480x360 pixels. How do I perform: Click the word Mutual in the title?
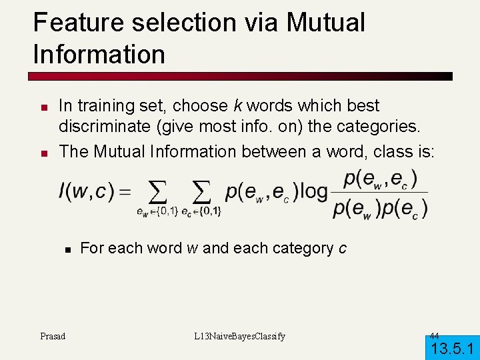(326, 23)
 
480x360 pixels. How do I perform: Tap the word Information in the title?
(99, 54)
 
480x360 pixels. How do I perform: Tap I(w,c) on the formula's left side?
(84, 191)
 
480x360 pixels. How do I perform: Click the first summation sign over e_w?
(157, 193)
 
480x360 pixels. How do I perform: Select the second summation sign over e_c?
(201, 193)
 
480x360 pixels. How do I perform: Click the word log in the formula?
(313, 191)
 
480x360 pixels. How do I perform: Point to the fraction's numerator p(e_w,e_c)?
(380, 179)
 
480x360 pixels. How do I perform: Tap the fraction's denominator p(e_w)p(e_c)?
(380, 209)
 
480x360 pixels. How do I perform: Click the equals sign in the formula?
(125, 191)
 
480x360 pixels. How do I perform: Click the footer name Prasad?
(53, 336)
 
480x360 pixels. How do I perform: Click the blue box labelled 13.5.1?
(452, 347)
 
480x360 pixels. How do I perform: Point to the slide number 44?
(434, 335)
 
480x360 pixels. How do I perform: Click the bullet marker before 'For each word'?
(67, 249)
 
